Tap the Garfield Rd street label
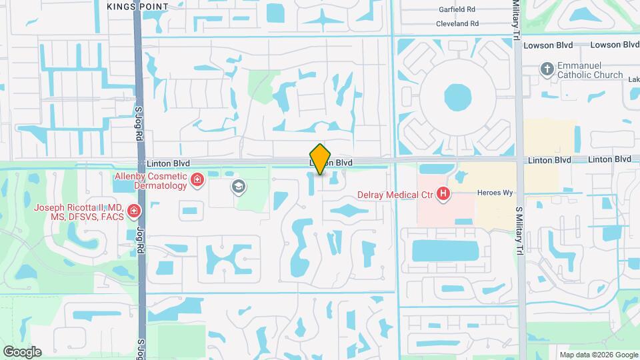click(x=457, y=10)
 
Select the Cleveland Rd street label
click(x=457, y=23)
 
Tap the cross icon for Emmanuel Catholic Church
click(x=547, y=69)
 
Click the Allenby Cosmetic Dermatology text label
click(x=151, y=180)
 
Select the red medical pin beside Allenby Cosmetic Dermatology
click(x=197, y=179)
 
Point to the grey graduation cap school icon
click(x=238, y=187)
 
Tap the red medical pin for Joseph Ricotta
click(x=134, y=212)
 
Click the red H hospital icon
click(x=443, y=195)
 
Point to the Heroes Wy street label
click(x=494, y=193)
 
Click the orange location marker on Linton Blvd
click(x=321, y=159)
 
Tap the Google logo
click(x=22, y=351)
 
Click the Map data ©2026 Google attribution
click(x=598, y=355)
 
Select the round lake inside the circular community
click(x=457, y=97)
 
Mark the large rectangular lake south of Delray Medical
click(x=445, y=251)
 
